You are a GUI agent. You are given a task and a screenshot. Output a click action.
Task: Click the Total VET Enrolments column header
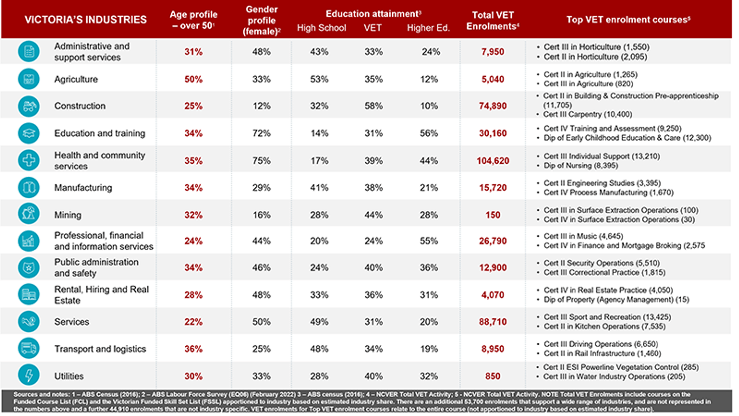tap(492, 21)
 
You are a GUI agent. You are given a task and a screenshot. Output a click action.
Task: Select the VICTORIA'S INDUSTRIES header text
tap(86, 20)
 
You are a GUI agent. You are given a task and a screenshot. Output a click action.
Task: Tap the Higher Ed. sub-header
tap(428, 28)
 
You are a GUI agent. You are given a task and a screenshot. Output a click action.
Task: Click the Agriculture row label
tap(76, 79)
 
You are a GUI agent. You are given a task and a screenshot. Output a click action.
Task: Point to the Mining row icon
tap(29, 214)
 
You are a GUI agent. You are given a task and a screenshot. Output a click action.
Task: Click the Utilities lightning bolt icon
tap(29, 375)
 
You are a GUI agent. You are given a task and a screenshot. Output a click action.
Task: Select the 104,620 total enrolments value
tap(492, 161)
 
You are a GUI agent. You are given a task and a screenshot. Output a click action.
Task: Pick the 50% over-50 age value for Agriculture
tap(193, 79)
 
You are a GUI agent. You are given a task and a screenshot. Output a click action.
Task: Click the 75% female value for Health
tap(261, 161)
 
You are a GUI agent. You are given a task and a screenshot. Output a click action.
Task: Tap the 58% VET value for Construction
tap(373, 106)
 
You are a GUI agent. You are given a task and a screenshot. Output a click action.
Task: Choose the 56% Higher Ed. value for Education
tap(429, 133)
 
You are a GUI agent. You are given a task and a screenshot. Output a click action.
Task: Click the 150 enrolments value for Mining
tap(492, 215)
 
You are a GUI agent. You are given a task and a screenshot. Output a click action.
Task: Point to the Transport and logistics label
tap(100, 349)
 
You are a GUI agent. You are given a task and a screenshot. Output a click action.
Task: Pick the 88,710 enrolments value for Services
tap(492, 322)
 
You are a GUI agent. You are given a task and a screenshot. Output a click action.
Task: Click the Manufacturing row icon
tap(29, 187)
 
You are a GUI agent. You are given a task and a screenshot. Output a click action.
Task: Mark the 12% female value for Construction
tap(261, 106)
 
